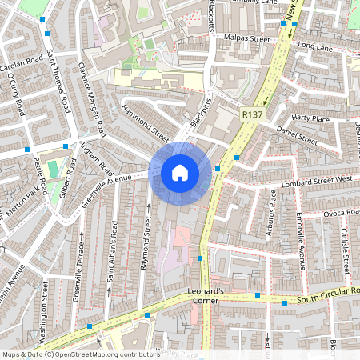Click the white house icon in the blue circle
(x=179, y=172)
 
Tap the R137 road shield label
(x=253, y=115)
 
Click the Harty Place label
(x=311, y=118)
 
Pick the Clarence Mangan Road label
(x=92, y=98)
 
